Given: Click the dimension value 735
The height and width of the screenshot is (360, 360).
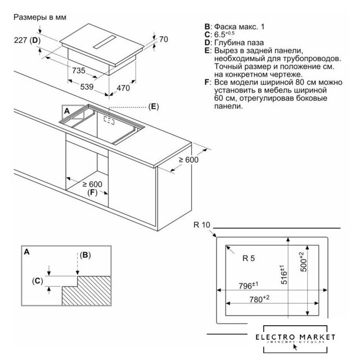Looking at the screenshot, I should tap(78, 71).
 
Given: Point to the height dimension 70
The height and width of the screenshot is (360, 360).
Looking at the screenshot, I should tap(164, 40).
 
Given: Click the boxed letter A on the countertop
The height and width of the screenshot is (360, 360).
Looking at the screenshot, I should tap(67, 111).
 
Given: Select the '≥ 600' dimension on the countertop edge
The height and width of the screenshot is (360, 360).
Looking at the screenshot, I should tap(190, 160).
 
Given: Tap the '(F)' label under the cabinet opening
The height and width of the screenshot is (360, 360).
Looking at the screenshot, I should tap(93, 193).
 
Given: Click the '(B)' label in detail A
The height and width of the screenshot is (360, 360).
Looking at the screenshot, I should tap(84, 254).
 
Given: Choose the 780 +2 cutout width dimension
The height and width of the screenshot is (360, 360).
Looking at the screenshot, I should tap(259, 299).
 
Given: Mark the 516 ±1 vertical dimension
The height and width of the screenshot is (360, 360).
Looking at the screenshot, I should tap(285, 275).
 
